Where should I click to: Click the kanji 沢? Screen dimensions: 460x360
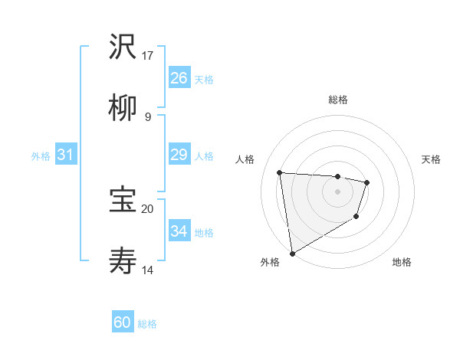123,47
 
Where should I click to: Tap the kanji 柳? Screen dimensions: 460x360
123,108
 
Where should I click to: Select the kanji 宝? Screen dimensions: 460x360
123,200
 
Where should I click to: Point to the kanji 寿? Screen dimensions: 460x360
123,261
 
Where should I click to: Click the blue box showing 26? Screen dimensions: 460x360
179,77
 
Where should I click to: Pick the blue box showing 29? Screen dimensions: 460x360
179,155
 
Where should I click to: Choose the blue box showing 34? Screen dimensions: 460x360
179,231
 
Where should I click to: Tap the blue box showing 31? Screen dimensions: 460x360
66,155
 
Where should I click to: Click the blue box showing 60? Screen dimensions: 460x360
123,322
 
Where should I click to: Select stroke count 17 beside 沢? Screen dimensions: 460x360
148,55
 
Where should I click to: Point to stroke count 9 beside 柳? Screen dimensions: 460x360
148,116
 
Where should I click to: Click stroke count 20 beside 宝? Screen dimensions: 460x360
148,208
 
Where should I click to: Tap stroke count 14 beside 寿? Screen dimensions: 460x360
148,270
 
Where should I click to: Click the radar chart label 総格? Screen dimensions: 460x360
337,100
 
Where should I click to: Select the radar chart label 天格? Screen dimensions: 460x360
432,159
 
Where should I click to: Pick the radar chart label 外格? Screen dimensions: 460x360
269,262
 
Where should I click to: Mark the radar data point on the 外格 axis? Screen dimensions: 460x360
292,253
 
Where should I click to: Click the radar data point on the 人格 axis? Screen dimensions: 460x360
280,172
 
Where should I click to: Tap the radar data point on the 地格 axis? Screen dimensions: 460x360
356,217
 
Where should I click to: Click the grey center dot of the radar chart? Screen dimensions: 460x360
337,191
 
